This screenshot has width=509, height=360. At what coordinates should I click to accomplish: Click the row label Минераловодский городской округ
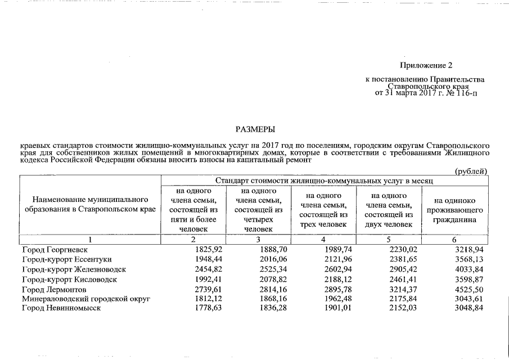(86, 300)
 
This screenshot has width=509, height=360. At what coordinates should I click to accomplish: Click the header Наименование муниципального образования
(90, 205)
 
